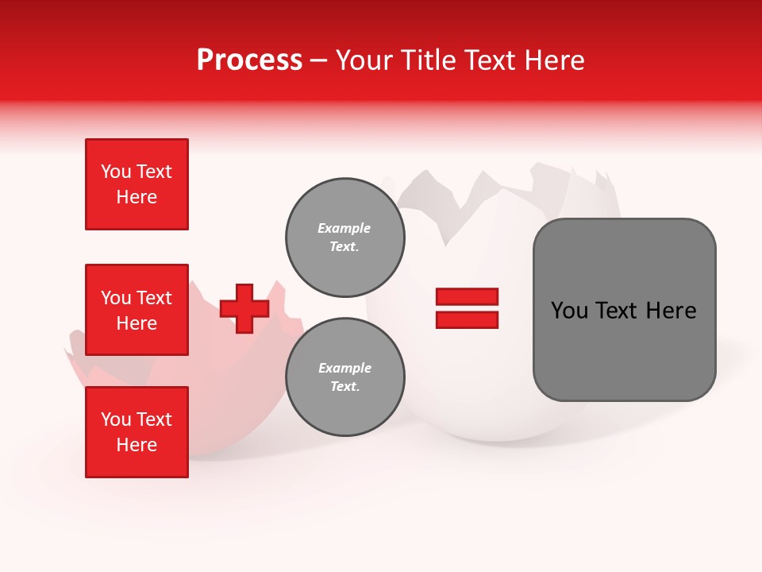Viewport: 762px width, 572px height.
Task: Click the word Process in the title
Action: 249,60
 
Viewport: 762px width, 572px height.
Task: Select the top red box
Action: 137,184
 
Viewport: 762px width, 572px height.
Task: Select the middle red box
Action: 137,310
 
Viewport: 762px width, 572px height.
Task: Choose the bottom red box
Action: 137,432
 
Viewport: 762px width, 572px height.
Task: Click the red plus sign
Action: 244,308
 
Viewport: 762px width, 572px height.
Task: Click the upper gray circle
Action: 344,238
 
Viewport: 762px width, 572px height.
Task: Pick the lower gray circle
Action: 344,377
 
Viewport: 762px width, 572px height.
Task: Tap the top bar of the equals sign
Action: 467,296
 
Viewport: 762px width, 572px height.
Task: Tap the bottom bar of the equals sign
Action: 467,319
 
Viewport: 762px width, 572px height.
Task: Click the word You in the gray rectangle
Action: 569,311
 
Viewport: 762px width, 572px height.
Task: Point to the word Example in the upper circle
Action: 344,228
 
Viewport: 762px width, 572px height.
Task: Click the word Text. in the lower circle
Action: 344,387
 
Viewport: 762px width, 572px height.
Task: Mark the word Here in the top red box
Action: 137,197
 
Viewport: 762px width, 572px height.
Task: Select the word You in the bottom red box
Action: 116,419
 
